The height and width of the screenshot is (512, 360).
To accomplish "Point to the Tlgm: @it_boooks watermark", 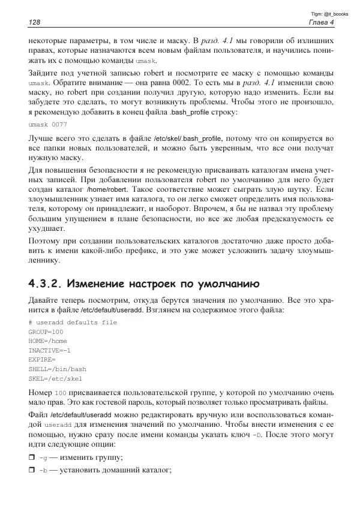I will pyautogui.click(x=328, y=13).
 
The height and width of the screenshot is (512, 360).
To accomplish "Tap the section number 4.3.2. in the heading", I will pyautogui.click(x=46, y=283).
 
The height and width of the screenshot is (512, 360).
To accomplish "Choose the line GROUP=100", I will pyautogui.click(x=46, y=332).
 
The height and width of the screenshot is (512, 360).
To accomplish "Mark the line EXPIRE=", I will pyautogui.click(x=42, y=360).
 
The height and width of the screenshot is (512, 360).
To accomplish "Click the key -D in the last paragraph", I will pyautogui.click(x=257, y=435).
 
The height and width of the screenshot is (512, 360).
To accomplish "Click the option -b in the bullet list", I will pyautogui.click(x=43, y=471).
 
